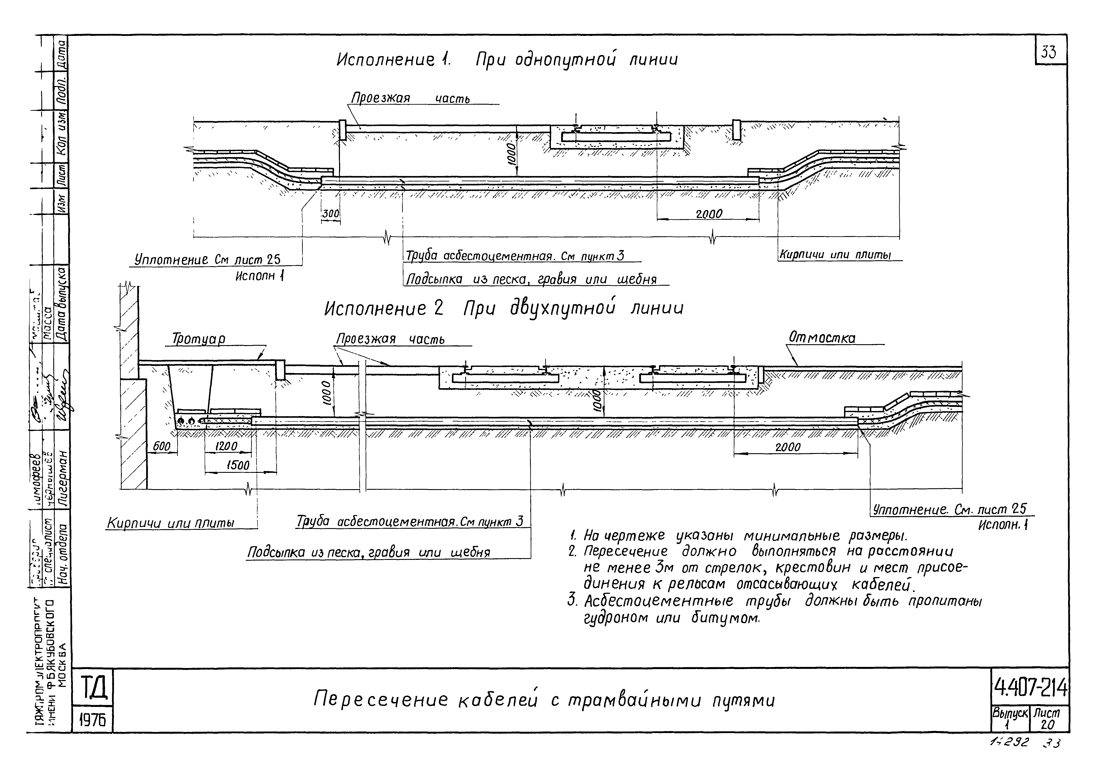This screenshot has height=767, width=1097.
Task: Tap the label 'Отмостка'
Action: (x=822, y=338)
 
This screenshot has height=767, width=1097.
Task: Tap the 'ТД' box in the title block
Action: (x=92, y=688)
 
